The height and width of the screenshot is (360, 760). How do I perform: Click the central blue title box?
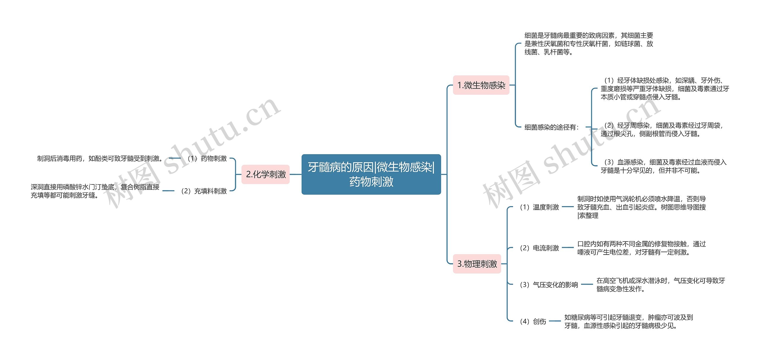click(371, 174)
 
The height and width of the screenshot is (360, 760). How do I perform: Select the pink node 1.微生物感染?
click(481, 85)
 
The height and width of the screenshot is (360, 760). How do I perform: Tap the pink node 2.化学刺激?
click(265, 174)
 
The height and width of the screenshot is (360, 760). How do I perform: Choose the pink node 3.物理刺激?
click(477, 264)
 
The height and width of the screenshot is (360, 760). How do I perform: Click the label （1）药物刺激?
click(207, 159)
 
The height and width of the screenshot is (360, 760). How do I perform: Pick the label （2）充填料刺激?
click(203, 191)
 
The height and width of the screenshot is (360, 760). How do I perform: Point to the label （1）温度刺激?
click(539, 207)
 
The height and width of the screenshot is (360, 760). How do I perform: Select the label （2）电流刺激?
click(539, 248)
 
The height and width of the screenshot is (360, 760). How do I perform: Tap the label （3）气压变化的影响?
click(548, 285)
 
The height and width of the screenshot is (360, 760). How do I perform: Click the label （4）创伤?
click(532, 321)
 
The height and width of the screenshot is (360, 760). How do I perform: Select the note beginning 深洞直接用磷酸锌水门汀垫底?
click(95, 191)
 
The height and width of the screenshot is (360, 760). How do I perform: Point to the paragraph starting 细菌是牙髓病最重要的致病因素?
click(589, 44)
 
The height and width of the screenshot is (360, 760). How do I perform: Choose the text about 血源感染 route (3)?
click(664, 166)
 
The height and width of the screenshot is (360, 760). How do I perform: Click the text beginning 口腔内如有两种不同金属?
click(641, 248)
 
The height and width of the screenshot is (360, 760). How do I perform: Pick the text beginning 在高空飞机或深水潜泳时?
click(661, 285)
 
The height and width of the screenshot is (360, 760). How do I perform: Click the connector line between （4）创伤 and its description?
click(555, 321)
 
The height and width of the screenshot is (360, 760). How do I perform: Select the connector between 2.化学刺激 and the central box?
click(295, 174)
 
